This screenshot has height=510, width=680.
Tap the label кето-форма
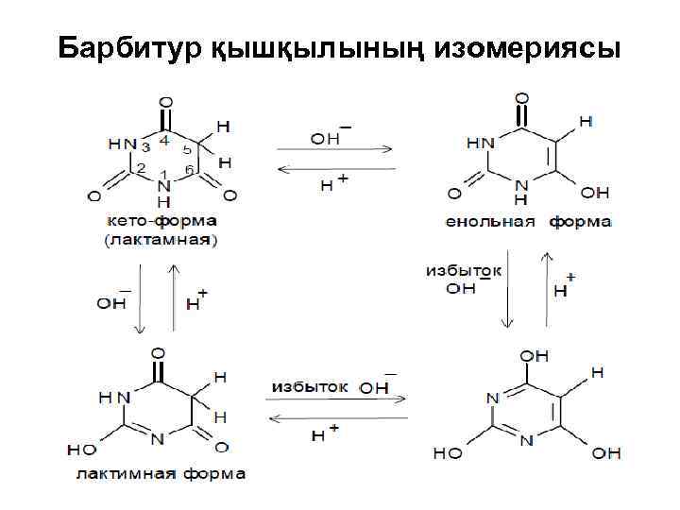[160, 220]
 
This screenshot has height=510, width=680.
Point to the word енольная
[491, 221]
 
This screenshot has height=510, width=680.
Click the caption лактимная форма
[161, 473]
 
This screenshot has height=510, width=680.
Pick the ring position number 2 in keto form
[140, 167]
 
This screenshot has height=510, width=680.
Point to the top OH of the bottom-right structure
[534, 356]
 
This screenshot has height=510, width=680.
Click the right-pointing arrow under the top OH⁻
[334, 148]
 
